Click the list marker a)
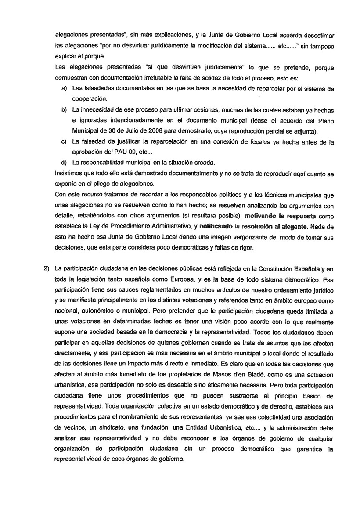[64, 89]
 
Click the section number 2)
[46, 269]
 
